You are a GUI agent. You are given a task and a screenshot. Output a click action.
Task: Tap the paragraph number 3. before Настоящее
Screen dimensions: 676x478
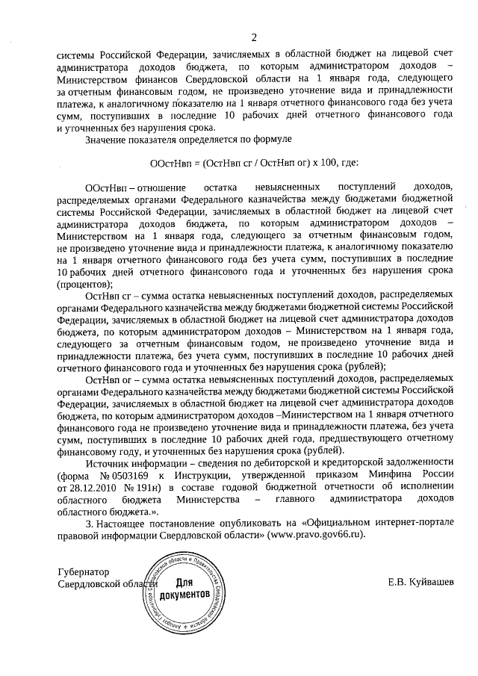coord(89,522)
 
